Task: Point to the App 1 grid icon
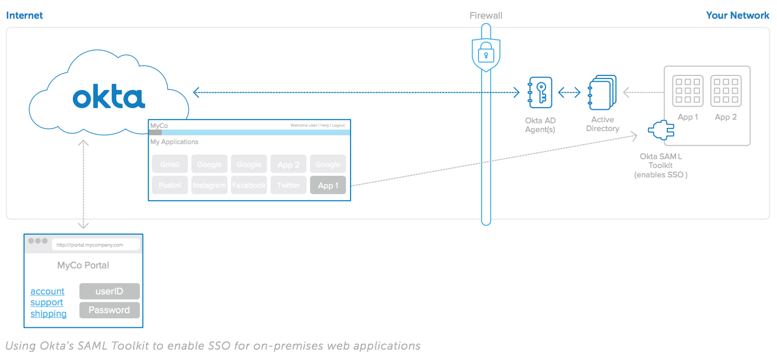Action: [x=688, y=91]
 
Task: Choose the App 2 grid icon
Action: [x=726, y=91]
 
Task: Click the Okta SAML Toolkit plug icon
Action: [x=661, y=130]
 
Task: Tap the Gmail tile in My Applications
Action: [x=170, y=164]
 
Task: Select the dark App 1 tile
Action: [x=328, y=185]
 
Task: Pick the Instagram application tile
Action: [x=209, y=185]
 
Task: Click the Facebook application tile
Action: [x=249, y=185]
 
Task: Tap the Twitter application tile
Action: [x=288, y=185]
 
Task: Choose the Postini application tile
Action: [x=170, y=185]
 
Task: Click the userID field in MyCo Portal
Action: [x=109, y=291]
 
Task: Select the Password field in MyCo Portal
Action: [x=109, y=310]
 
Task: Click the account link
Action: [x=47, y=291]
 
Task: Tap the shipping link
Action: [x=48, y=314]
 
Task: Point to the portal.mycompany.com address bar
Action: [x=96, y=245]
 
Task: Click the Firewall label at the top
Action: [x=486, y=16]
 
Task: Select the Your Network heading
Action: [x=737, y=16]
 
